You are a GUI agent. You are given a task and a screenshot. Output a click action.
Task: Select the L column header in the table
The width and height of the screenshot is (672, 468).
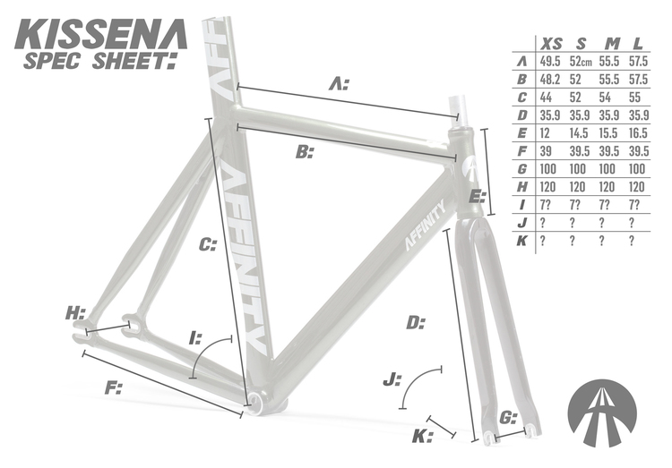coord(637,44)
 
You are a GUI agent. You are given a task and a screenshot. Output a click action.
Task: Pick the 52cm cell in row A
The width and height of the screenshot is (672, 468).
coord(581,62)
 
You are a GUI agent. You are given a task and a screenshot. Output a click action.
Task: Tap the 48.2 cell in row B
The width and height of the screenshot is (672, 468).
coord(549,80)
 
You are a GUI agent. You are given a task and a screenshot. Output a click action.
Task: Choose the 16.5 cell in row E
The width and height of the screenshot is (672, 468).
coord(637,133)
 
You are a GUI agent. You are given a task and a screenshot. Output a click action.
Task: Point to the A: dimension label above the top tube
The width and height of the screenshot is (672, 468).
coord(338,85)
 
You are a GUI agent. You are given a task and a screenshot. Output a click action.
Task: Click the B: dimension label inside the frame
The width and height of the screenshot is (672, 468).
coord(305,152)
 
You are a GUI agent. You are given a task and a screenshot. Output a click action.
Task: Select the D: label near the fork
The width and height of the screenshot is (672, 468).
coord(414,322)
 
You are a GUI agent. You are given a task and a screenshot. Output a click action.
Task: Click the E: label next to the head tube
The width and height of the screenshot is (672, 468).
coord(477,195)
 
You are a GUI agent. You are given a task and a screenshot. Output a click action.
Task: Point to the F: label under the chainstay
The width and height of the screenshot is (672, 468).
coord(114,387)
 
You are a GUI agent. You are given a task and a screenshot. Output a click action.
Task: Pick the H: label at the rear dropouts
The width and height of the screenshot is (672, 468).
coord(75,313)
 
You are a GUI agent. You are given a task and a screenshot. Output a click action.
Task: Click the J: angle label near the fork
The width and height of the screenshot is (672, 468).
coord(392,380)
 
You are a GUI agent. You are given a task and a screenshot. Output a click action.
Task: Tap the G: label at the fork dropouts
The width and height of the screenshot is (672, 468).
coord(508,418)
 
